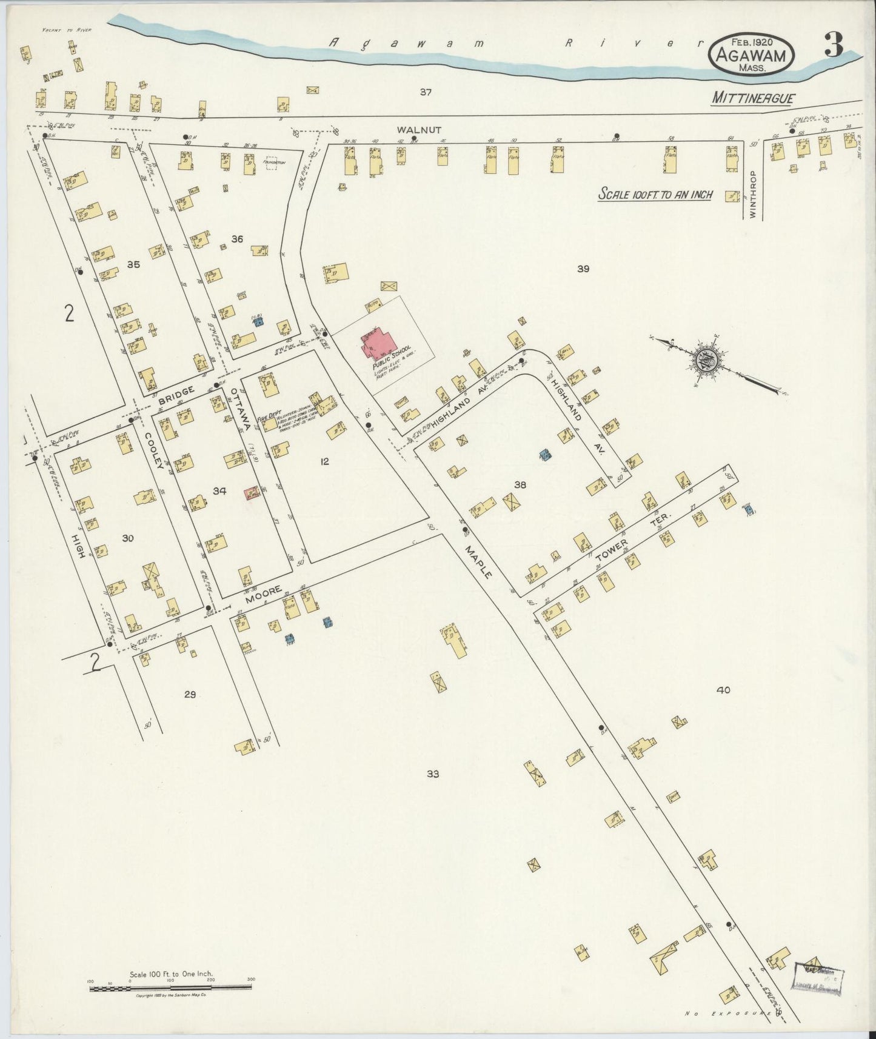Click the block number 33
click(x=432, y=774)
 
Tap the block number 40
click(x=723, y=690)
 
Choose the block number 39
click(x=583, y=269)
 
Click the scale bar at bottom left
click(x=170, y=988)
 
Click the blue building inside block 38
click(x=545, y=453)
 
